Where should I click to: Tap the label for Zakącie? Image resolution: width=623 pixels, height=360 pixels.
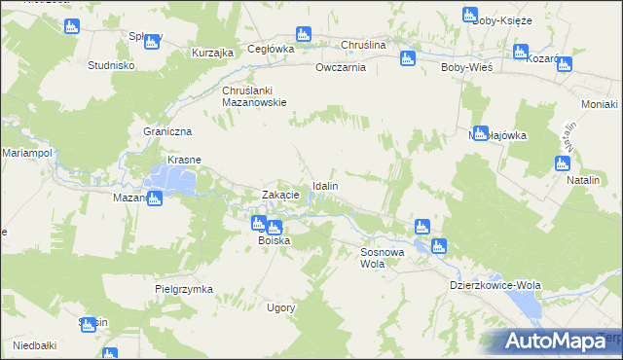tap(280, 195)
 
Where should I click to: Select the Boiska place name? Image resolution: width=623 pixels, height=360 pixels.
tap(274, 240)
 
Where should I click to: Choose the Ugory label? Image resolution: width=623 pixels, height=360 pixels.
tap(280, 307)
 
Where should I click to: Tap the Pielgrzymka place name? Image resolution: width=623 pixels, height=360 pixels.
tap(183, 289)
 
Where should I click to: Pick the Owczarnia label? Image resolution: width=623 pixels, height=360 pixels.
tap(340, 68)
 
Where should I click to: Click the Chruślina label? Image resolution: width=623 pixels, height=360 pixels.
tap(363, 46)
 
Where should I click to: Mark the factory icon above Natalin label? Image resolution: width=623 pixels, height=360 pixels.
tap(563, 163)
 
